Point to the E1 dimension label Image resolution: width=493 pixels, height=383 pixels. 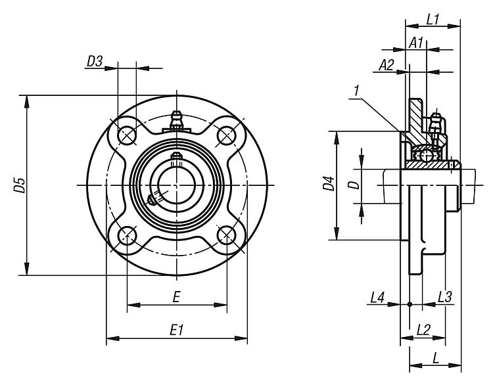pos(176,330)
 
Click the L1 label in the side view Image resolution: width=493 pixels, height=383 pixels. pos(433,19)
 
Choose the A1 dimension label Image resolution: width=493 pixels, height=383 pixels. pos(415,43)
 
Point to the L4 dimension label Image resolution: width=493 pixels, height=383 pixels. pos(377,297)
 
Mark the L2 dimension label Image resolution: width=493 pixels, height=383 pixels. pos(423,328)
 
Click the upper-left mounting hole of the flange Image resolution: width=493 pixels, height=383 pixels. pos(127,135)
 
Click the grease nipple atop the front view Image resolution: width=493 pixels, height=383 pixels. pos(176,120)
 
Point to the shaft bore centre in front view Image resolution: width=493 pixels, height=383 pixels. pos(176,185)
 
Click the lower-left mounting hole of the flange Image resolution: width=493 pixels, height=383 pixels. pos(127,235)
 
